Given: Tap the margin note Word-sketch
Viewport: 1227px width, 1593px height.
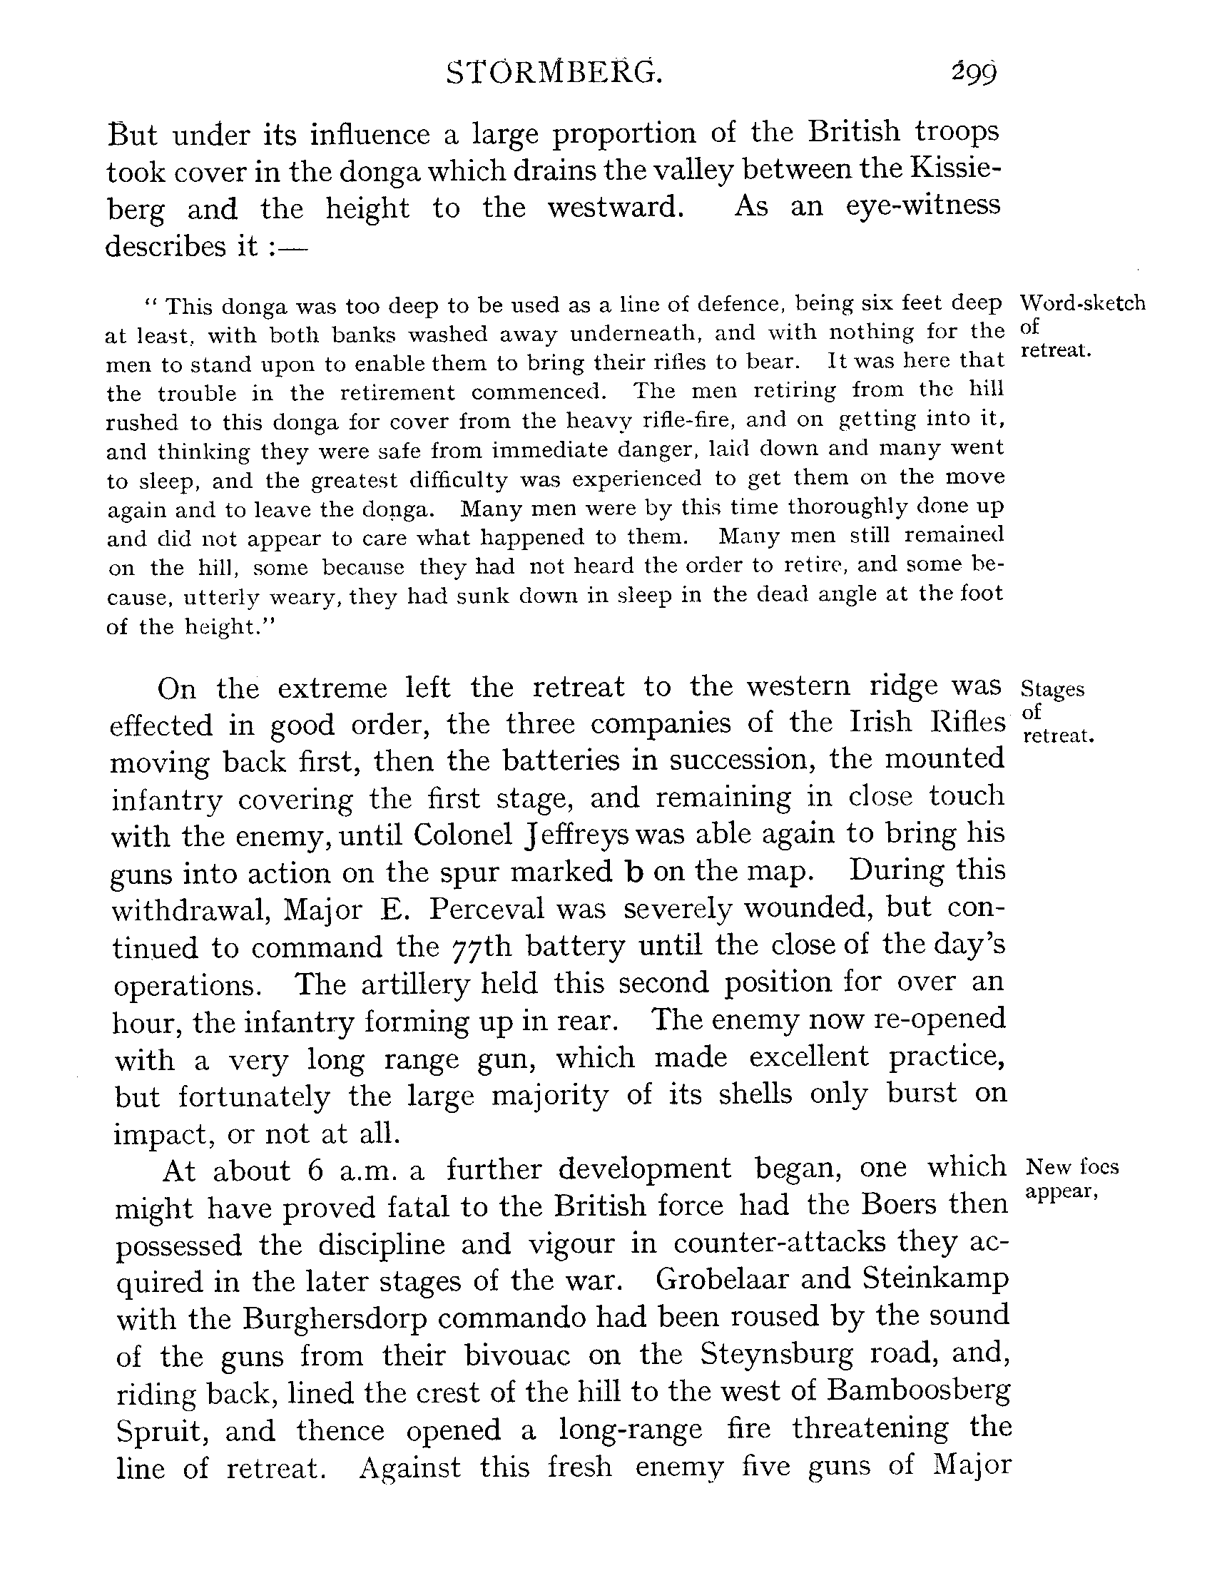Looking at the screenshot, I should [1083, 302].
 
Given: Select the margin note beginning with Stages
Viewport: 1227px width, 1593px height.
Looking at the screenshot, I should [1054, 689].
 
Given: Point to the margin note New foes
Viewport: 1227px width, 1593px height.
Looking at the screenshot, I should [1072, 1168].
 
